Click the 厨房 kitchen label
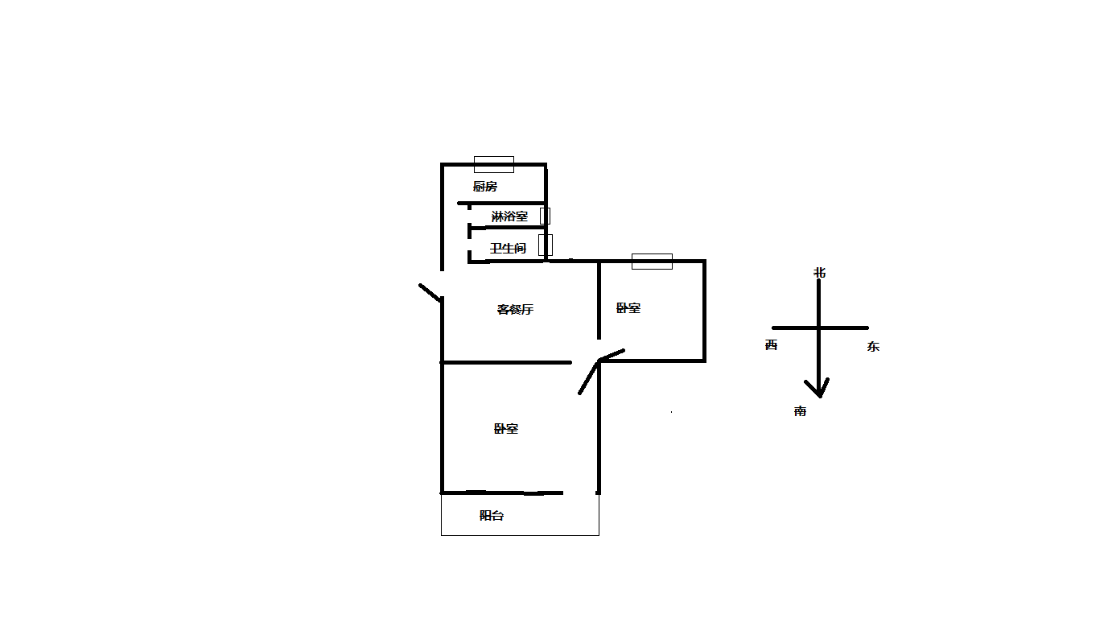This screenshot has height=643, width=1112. coord(484,186)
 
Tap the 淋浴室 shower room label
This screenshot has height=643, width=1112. coord(509,216)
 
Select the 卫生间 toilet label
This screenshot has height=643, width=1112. coord(508,248)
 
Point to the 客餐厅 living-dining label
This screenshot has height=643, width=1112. coord(515,309)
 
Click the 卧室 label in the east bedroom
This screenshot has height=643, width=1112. coord(628,308)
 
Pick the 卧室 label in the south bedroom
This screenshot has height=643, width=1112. coord(506,428)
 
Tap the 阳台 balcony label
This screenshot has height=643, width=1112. coord(492,515)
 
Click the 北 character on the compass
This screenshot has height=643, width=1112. coord(819,272)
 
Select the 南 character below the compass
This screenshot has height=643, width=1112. coord(800,410)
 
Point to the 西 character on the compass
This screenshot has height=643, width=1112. coord(771,344)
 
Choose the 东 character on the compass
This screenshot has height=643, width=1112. coord(873,346)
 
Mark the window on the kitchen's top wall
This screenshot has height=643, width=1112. coord(494,164)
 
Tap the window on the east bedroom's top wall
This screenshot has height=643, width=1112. coord(652,262)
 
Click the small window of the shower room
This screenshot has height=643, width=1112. coord(545,216)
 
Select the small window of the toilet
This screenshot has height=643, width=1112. coord(546,245)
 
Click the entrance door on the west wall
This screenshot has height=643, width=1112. coord(430,293)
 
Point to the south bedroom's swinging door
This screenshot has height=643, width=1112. coord(589,378)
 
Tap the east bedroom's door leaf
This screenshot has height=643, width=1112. coord(612,355)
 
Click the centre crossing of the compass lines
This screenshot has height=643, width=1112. coord(818,328)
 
